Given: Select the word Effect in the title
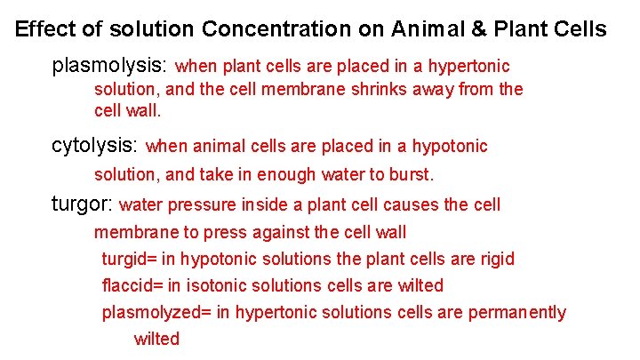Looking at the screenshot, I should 45,29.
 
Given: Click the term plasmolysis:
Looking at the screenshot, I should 111,67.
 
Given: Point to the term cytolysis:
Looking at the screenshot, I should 95,146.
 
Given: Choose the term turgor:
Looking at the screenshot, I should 83,204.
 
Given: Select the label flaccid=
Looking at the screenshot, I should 134,286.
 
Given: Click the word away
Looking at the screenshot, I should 436,90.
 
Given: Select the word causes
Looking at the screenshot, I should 411,205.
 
